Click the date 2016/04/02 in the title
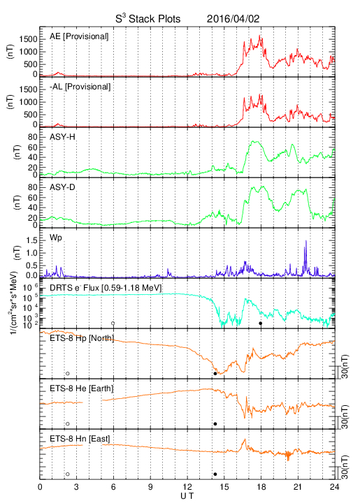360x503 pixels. tap(233, 19)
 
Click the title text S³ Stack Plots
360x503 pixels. tap(148, 19)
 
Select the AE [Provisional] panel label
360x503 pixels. tap(79, 36)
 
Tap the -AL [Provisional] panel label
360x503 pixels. tap(80, 87)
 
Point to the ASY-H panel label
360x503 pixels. tap(63, 138)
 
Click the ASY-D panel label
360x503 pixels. tap(63, 187)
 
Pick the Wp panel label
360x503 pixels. tap(55, 238)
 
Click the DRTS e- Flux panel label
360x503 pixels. tap(106, 288)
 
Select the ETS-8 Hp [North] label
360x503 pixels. tap(82, 338)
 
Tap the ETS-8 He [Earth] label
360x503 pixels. tap(82, 388)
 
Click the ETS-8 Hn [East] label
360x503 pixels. tap(80, 439)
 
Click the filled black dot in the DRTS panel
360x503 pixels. tap(261, 323)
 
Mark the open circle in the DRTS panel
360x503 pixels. tap(113, 323)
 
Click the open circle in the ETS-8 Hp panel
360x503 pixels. tap(67, 373)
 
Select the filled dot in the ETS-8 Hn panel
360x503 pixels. tap(215, 474)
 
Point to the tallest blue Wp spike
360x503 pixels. tap(306, 240)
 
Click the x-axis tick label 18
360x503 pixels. tap(261, 487)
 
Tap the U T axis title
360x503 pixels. tap(187, 496)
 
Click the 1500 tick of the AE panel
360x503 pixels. tap(28, 39)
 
